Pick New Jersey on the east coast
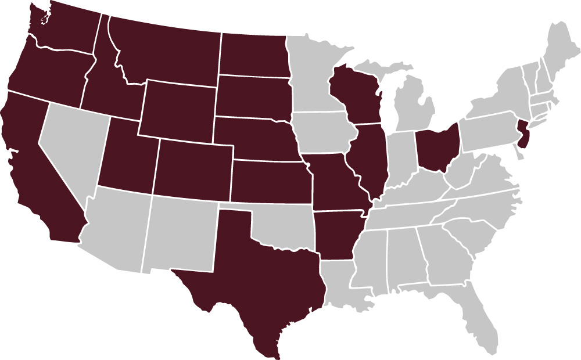(x=524, y=135)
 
